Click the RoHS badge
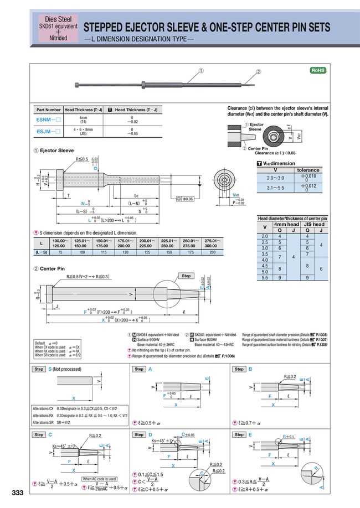coord(318,70)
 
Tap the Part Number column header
coord(48,110)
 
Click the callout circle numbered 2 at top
coord(259,72)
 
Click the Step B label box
coord(239,369)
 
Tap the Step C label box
coord(39,434)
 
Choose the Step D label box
coord(139,434)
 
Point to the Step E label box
coord(239,434)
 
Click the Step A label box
coord(139,369)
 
